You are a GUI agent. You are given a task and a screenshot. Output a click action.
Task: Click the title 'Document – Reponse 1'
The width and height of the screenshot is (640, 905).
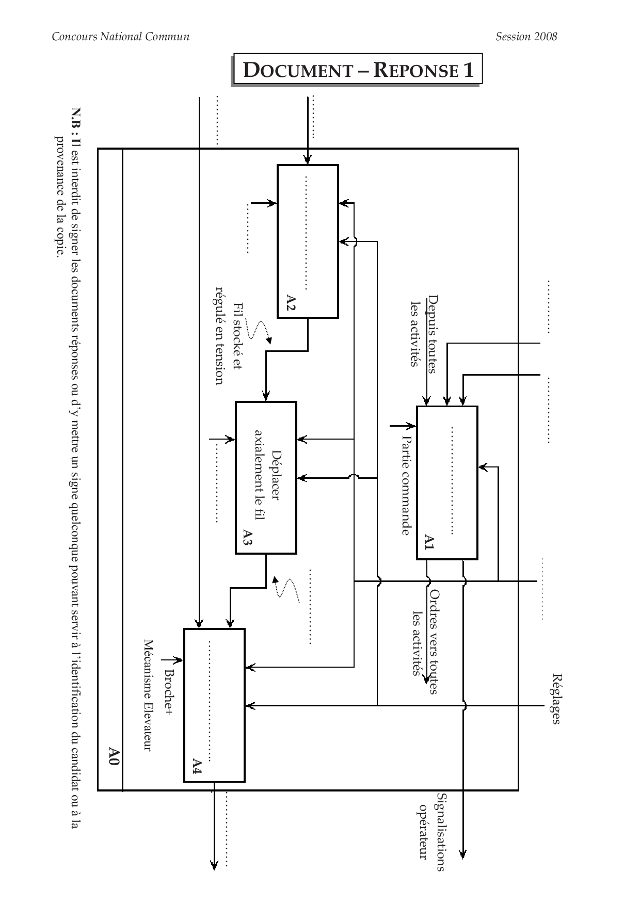point(358,69)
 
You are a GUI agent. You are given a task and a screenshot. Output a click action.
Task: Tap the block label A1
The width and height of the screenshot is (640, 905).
point(429,542)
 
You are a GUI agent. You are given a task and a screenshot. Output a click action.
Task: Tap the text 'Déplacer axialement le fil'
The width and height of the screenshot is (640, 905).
point(267,477)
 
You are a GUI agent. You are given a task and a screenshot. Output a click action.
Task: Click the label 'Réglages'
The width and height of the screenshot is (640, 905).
point(556,699)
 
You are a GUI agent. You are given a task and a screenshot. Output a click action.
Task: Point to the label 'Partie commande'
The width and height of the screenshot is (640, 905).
point(406,485)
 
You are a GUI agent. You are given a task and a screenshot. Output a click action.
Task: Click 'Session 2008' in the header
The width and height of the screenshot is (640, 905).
point(526,37)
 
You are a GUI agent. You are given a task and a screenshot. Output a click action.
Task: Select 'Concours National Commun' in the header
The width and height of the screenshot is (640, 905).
point(121,37)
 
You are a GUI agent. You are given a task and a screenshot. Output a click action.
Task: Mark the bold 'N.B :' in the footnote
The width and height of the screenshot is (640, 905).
point(75,119)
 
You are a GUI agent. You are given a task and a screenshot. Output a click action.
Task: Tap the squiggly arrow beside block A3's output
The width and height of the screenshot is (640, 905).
point(286,588)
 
